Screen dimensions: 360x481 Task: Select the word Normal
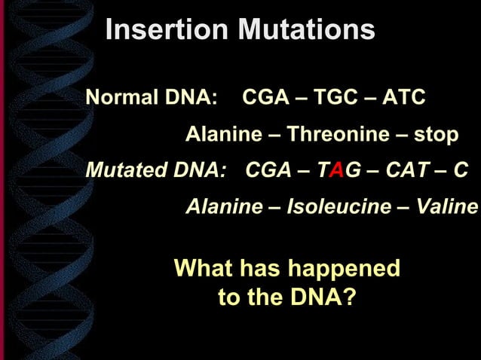tap(123, 98)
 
